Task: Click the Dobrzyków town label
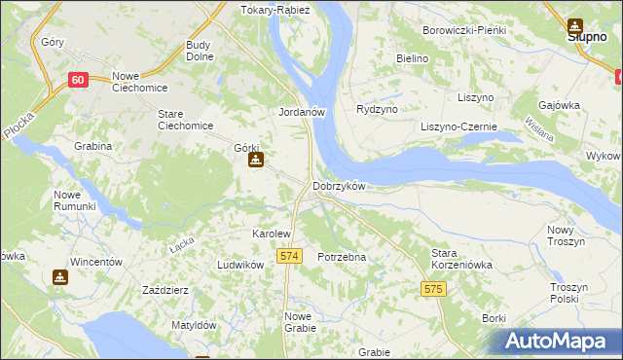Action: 339,186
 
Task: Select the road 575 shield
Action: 433,289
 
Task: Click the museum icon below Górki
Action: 255,161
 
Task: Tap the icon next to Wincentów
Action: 60,277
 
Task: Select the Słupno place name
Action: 588,38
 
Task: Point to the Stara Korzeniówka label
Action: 462,258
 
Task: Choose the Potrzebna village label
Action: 342,257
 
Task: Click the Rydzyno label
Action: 378,109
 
